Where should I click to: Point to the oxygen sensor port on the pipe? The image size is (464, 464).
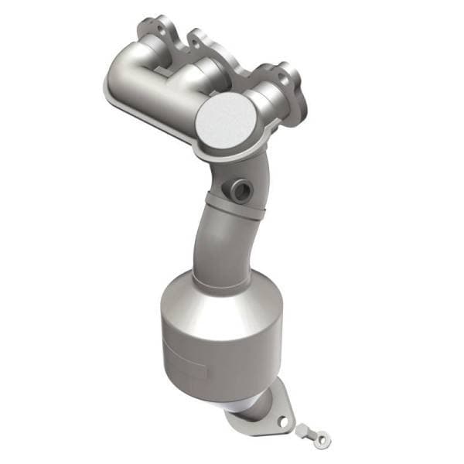[237, 189]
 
